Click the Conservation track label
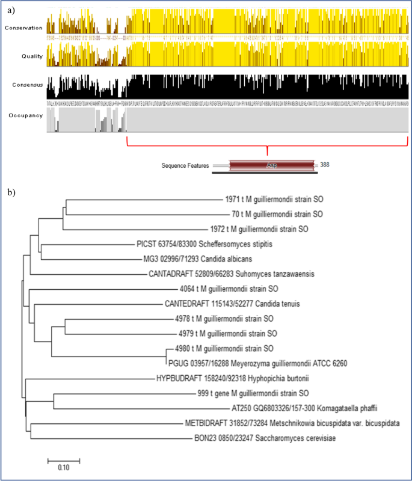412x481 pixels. tap(23, 28)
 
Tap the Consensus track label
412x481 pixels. tap(25, 85)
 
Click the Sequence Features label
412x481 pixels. tap(185, 165)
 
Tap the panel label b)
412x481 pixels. tap(10, 192)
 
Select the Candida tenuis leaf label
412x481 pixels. tap(232, 304)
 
